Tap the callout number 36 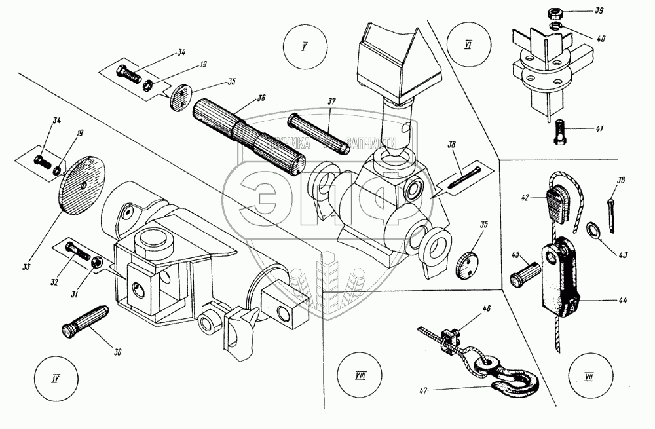tap(261, 99)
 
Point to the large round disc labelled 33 tap(82, 187)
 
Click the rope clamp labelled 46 tap(449, 338)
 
